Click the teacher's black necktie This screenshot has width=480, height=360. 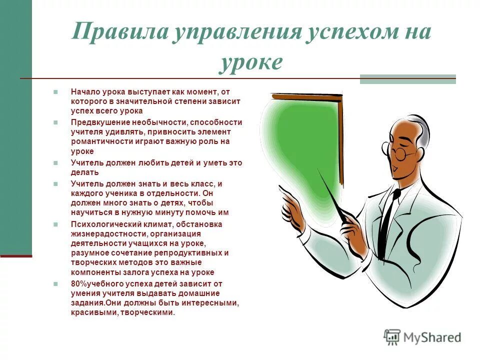(385, 224)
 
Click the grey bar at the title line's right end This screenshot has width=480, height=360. (407, 79)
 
